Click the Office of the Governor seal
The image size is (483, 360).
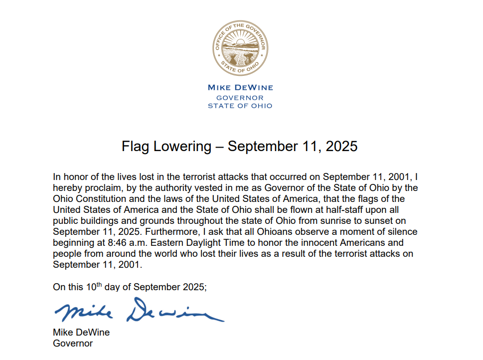(x=241, y=49)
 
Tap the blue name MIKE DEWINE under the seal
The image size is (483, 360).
(x=240, y=88)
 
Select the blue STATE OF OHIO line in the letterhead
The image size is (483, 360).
(x=240, y=106)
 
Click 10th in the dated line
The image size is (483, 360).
(x=92, y=287)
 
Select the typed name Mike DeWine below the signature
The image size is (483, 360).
(x=81, y=333)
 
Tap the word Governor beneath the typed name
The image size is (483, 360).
(x=73, y=344)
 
